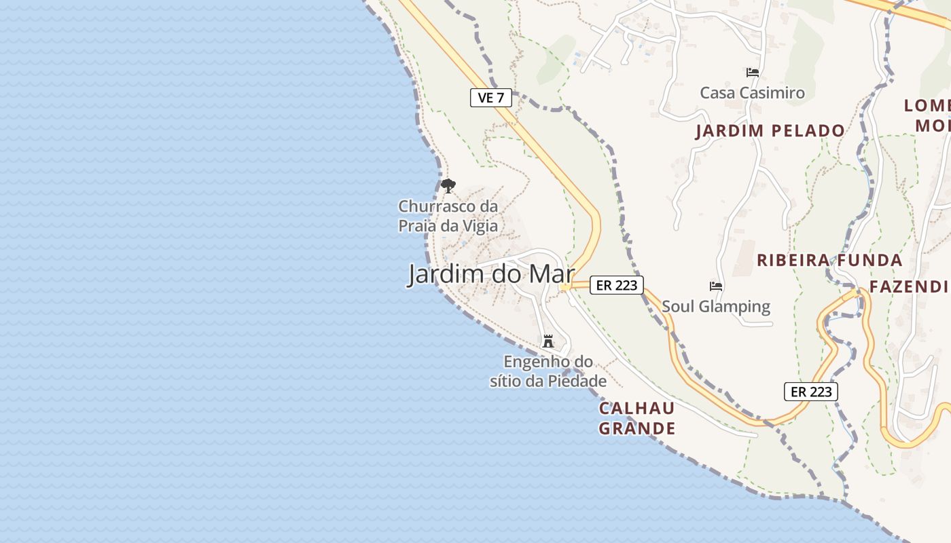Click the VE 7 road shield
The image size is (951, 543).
point(490,98)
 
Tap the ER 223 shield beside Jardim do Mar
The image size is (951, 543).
point(616,285)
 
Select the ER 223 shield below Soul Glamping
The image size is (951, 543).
point(811,392)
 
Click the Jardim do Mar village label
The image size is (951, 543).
point(490,274)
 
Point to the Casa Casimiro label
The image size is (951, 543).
point(752,93)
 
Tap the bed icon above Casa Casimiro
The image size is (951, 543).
point(752,72)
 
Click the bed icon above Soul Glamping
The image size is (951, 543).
point(715,286)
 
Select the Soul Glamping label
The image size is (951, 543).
point(716,306)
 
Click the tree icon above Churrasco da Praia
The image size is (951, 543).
point(448,185)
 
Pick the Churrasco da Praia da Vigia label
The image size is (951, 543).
point(448,216)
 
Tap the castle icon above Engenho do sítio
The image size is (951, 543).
point(548,341)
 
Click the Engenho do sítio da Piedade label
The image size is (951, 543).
point(548,371)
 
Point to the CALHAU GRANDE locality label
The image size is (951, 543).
point(636,418)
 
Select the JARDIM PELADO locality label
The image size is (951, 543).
point(770,131)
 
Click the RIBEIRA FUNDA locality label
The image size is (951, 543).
point(829,260)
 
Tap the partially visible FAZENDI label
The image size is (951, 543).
point(909,286)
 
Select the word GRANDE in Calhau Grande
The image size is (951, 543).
point(636,428)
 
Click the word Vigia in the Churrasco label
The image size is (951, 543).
point(480,226)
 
